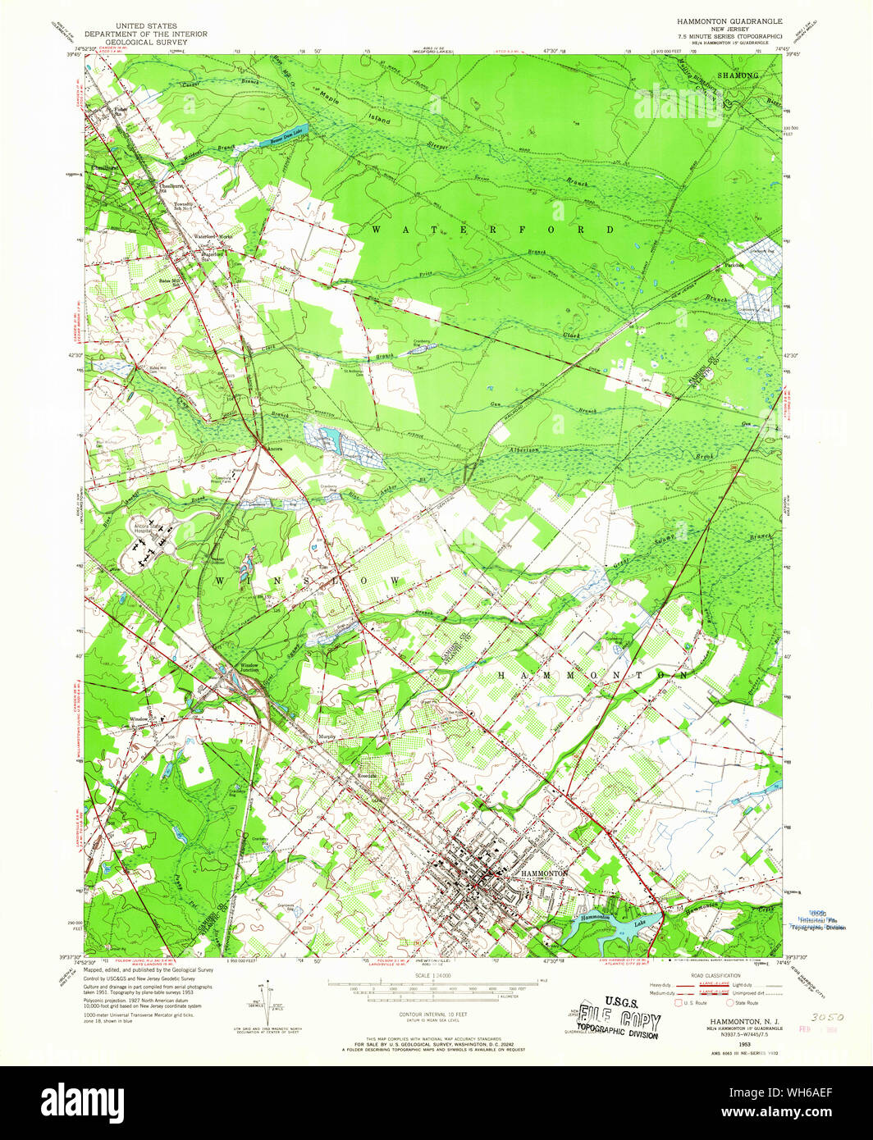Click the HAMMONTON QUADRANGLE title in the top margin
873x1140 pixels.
(x=729, y=20)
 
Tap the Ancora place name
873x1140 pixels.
(x=276, y=449)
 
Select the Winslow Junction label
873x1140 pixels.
(x=248, y=667)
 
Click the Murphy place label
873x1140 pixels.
(x=327, y=736)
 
